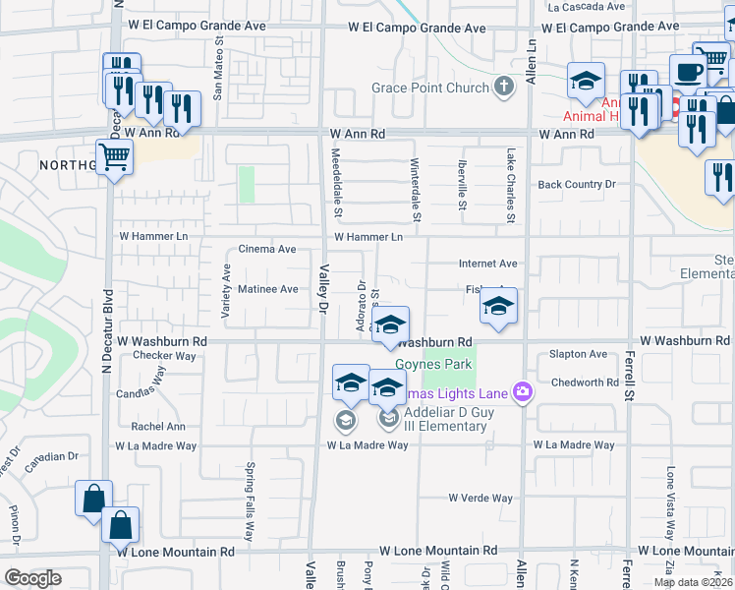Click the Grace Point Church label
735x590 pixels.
430,88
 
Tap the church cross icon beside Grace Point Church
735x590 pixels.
504,88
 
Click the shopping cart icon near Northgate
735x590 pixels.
115,155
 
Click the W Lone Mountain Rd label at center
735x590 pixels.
437,552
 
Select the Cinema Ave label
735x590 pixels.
267,250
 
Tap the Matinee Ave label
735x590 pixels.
268,289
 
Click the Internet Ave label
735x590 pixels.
487,264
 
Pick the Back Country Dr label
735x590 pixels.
576,185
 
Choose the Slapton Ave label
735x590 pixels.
579,354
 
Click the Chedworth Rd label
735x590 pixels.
584,383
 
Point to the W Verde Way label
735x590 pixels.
481,498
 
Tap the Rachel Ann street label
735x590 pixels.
158,427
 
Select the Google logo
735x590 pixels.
33,578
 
